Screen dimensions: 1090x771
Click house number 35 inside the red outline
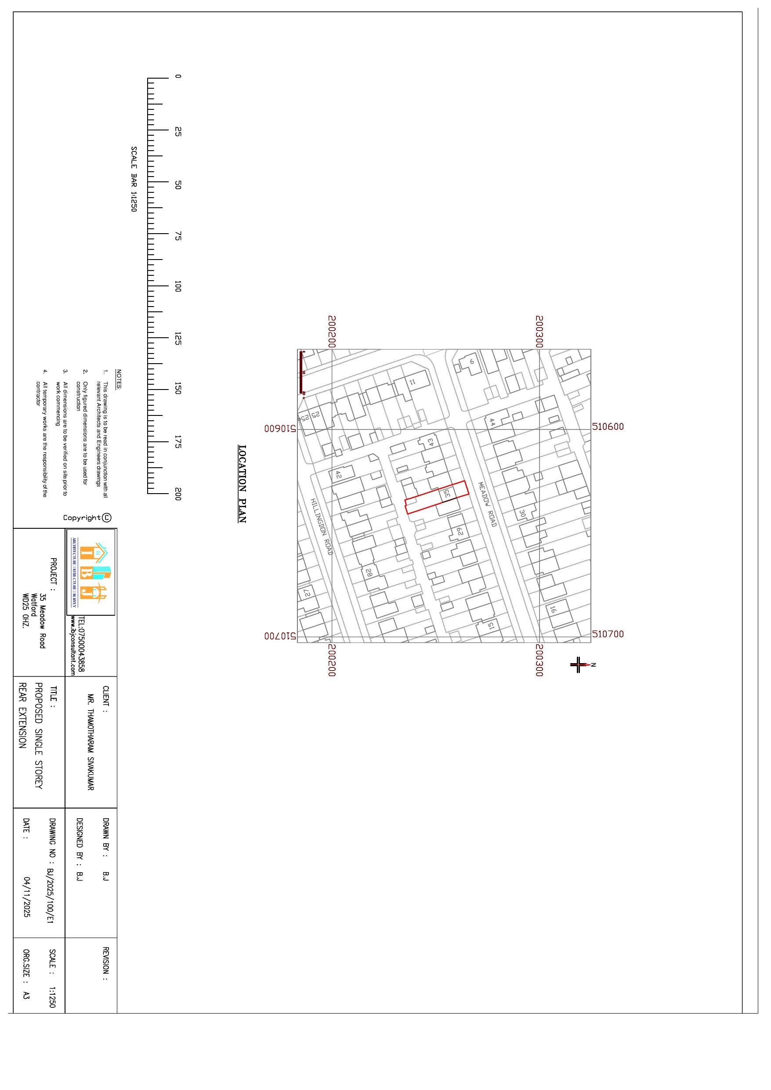[x=446, y=494]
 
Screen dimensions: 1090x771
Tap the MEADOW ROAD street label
[x=487, y=504]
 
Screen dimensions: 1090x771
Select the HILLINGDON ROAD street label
[x=321, y=526]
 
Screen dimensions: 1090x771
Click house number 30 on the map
[x=522, y=514]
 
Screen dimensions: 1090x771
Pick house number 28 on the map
[x=368, y=573]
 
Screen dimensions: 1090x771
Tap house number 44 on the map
[x=492, y=422]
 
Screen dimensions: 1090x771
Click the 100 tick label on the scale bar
[x=177, y=286]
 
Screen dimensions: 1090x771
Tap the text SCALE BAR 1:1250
[x=134, y=179]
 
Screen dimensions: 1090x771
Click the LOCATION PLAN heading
[x=242, y=484]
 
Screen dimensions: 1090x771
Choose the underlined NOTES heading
[x=119, y=379]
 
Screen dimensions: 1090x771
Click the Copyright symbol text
[x=87, y=517]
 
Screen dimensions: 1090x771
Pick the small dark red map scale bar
[x=300, y=372]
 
